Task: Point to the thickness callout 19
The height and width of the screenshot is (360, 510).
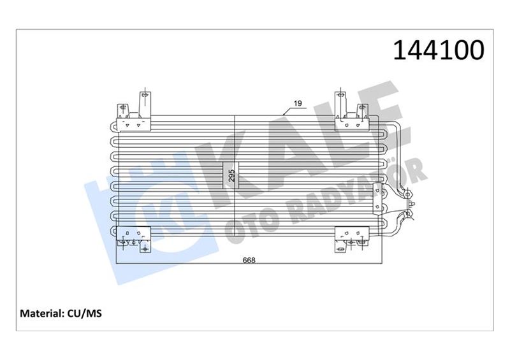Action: (297, 103)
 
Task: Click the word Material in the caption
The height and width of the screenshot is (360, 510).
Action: (41, 313)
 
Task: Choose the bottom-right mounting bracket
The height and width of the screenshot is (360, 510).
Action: (351, 238)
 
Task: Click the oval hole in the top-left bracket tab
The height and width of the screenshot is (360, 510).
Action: (145, 96)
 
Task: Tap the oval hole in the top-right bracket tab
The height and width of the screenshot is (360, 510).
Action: (340, 96)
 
